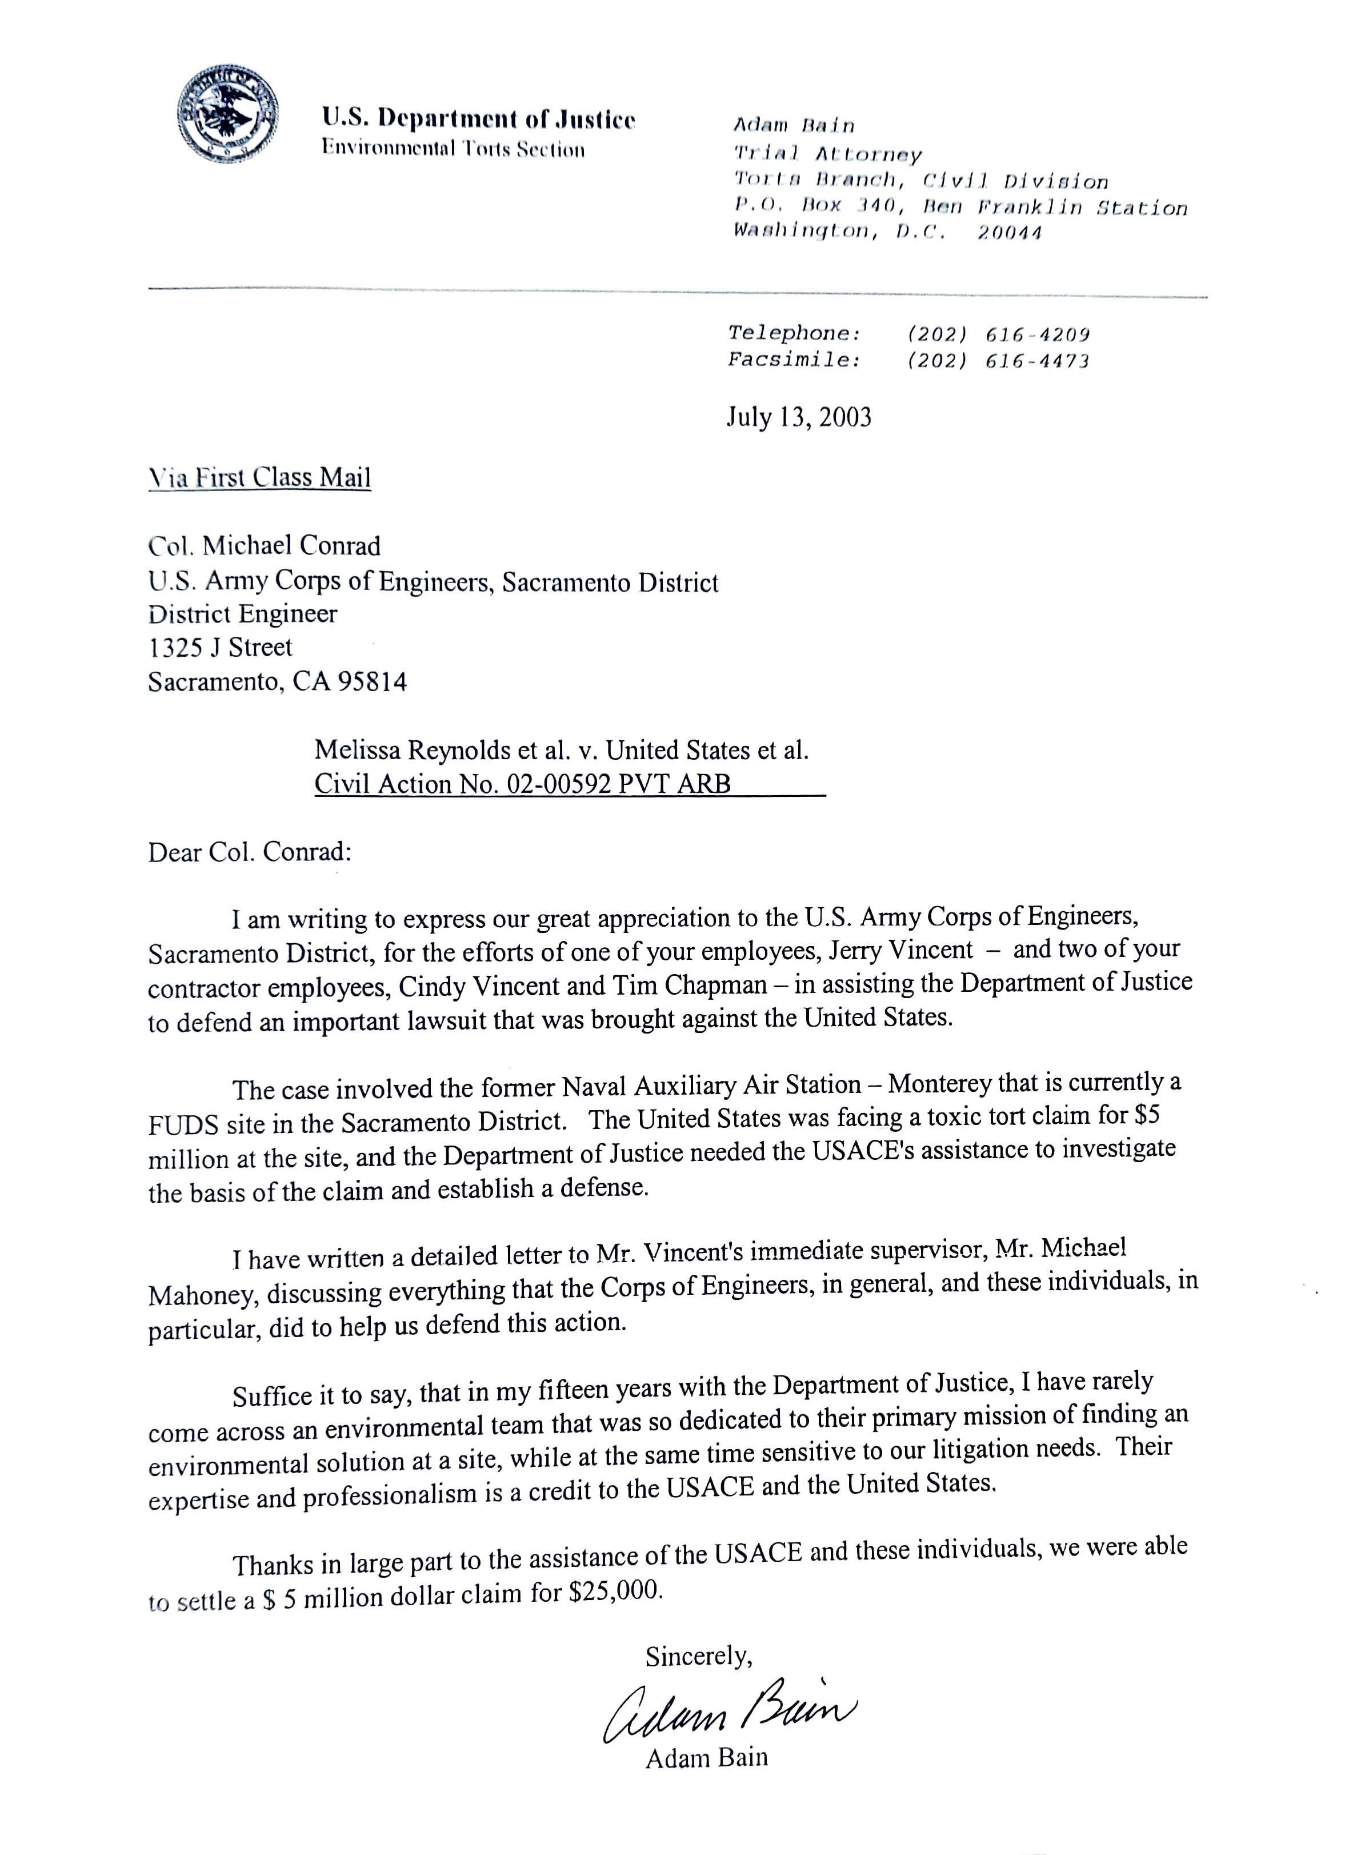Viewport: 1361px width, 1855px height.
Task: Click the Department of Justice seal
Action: (x=227, y=115)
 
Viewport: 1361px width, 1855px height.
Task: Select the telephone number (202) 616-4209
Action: (x=998, y=334)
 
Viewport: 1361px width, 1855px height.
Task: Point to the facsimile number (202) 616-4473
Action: (x=998, y=361)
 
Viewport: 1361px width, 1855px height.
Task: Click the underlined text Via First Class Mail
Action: (x=259, y=477)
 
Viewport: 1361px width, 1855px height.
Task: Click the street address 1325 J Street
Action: (x=220, y=648)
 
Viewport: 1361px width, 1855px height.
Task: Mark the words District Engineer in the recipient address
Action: (x=242, y=614)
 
